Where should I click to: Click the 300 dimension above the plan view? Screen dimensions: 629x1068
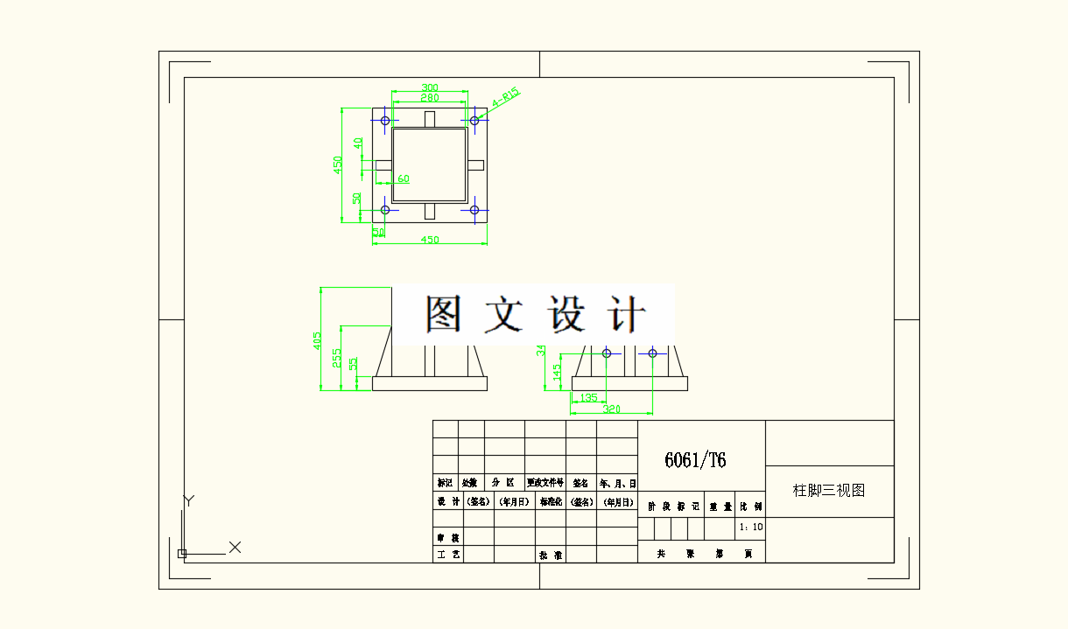point(430,87)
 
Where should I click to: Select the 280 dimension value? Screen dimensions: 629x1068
point(430,98)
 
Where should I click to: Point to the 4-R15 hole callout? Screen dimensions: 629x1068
point(505,97)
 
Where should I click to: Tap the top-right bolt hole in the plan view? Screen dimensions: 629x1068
point(474,120)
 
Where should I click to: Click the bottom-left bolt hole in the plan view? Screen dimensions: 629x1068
point(385,210)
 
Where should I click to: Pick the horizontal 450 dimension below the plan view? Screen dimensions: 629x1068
point(430,240)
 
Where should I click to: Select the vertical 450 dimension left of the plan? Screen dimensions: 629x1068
point(337,165)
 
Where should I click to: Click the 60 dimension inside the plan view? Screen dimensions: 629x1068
point(404,178)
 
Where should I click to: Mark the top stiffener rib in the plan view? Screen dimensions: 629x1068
point(429,119)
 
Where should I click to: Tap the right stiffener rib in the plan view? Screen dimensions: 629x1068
point(475,164)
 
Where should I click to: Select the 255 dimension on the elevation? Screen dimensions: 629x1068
point(336,358)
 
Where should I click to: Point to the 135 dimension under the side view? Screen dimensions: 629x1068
point(588,398)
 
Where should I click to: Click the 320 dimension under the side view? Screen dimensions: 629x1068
point(611,409)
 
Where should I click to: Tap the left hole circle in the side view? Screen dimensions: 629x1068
point(607,353)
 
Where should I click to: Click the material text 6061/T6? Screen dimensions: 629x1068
point(695,460)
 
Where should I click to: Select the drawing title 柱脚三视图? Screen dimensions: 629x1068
point(829,491)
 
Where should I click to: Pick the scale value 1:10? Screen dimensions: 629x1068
point(751,528)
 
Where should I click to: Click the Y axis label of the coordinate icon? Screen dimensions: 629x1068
point(187,500)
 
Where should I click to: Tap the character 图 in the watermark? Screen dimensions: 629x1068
point(443,313)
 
